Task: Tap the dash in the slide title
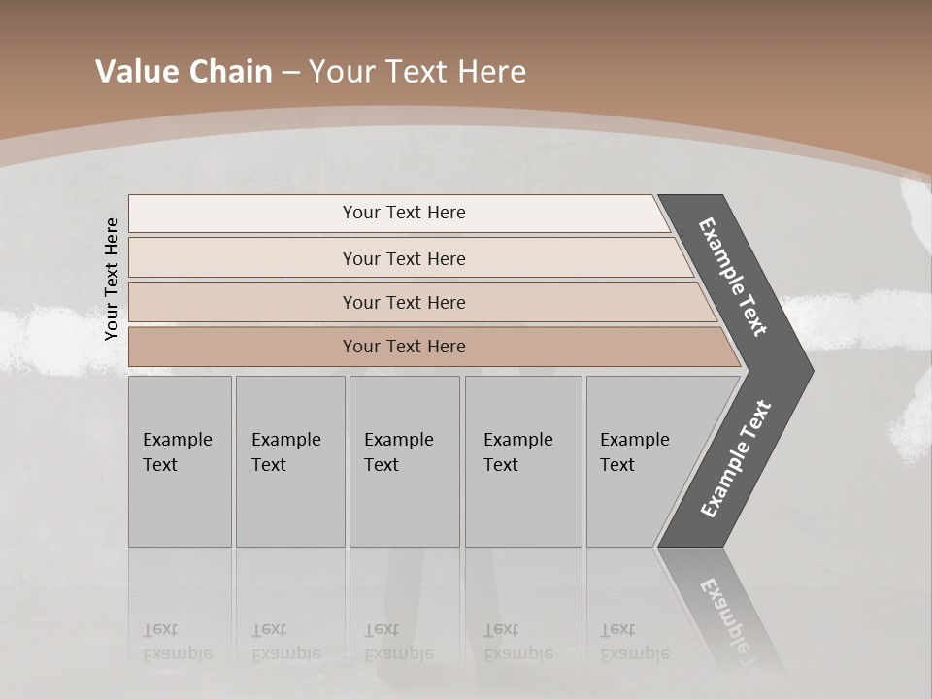click(290, 73)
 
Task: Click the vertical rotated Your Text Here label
click(112, 279)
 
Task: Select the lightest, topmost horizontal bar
click(398, 213)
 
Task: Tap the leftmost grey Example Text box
click(180, 461)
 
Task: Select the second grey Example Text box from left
click(290, 461)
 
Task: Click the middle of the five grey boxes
click(404, 461)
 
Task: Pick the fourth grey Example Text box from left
click(523, 461)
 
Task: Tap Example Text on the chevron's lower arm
click(736, 459)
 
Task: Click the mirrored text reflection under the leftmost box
click(177, 642)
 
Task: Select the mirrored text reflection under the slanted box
click(634, 642)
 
